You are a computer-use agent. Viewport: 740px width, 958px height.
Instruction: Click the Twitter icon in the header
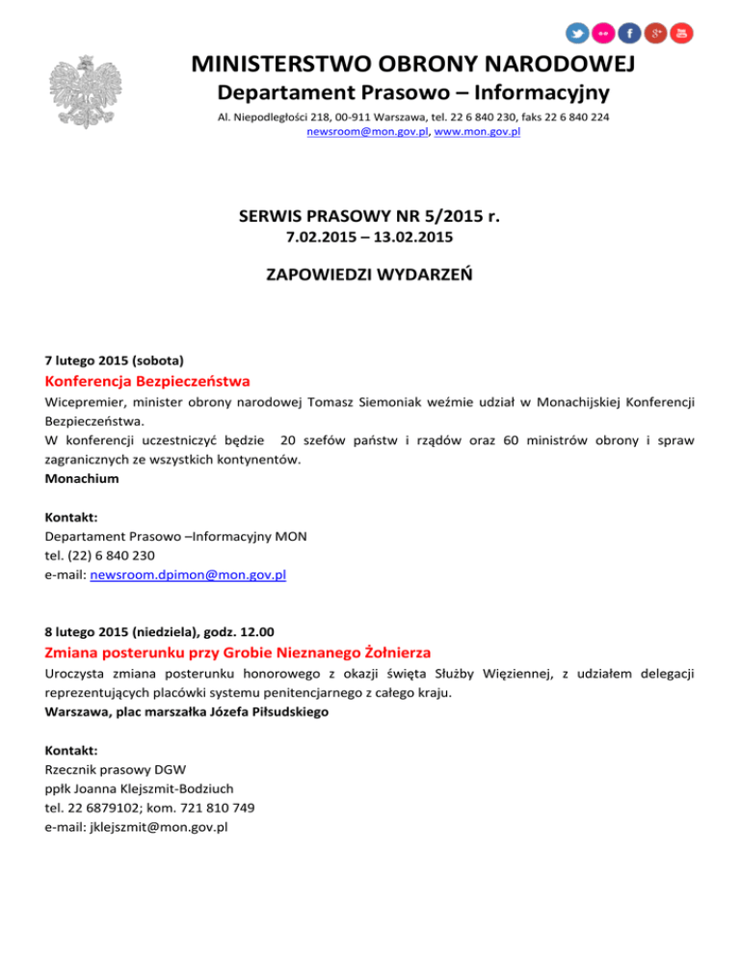[x=576, y=34]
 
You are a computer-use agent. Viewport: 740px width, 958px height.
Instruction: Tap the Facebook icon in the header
[x=629, y=34]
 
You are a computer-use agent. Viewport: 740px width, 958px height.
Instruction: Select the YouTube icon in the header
[x=681, y=34]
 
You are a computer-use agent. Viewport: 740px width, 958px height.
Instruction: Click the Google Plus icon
[x=655, y=34]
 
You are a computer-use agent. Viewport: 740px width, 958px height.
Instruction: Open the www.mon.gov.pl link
[x=478, y=131]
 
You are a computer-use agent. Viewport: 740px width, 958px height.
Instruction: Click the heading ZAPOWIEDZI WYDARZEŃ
[x=369, y=276]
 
